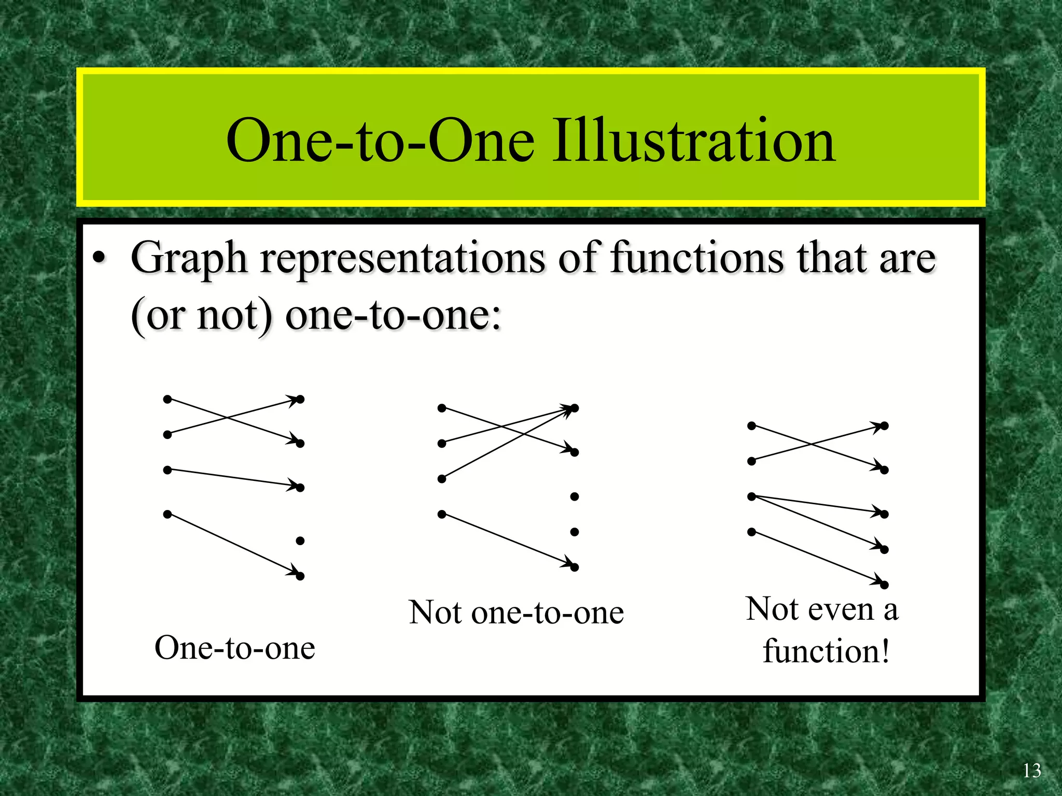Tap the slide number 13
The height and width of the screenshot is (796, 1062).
click(x=1031, y=771)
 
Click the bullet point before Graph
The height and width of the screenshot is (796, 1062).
click(x=99, y=258)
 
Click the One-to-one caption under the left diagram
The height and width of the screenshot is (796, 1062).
click(x=234, y=648)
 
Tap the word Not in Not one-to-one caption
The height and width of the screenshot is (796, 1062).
click(x=435, y=613)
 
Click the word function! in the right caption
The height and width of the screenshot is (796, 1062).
click(x=826, y=651)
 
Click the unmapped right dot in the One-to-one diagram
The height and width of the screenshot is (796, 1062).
click(x=300, y=541)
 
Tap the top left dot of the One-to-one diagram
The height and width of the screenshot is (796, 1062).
click(x=167, y=399)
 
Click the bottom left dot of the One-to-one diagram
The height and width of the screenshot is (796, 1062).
click(x=167, y=514)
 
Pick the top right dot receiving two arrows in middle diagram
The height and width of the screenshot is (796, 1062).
click(x=574, y=408)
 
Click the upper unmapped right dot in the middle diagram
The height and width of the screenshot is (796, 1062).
click(x=574, y=496)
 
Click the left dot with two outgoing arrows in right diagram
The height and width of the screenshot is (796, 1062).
click(x=751, y=496)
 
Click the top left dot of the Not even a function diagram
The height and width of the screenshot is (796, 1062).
click(x=751, y=426)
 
